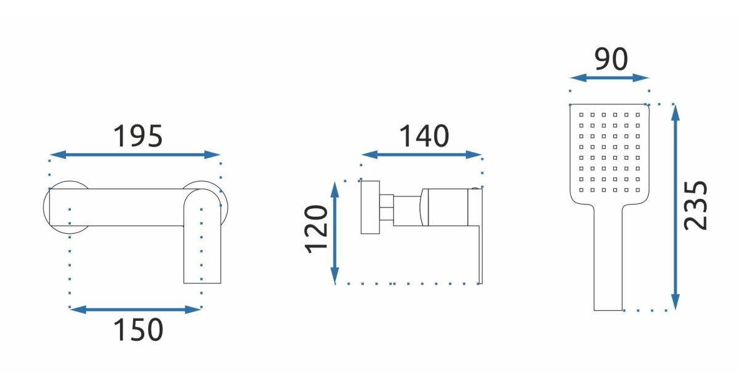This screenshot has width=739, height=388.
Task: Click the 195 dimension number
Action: [x=138, y=136]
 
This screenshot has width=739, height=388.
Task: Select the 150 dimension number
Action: [x=138, y=329]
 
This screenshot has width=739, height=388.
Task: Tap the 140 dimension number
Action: [x=424, y=136]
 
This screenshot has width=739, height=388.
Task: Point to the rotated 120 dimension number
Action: [x=317, y=229]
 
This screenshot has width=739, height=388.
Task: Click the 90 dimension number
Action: [x=612, y=59]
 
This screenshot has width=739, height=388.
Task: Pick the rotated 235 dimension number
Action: [x=695, y=206]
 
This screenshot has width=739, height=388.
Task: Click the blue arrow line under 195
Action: [x=135, y=155]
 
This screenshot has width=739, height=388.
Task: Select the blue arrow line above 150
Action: [x=135, y=309]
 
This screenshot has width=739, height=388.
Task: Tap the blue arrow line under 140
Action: [x=422, y=155]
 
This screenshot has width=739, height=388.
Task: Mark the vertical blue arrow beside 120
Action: [x=335, y=233]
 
